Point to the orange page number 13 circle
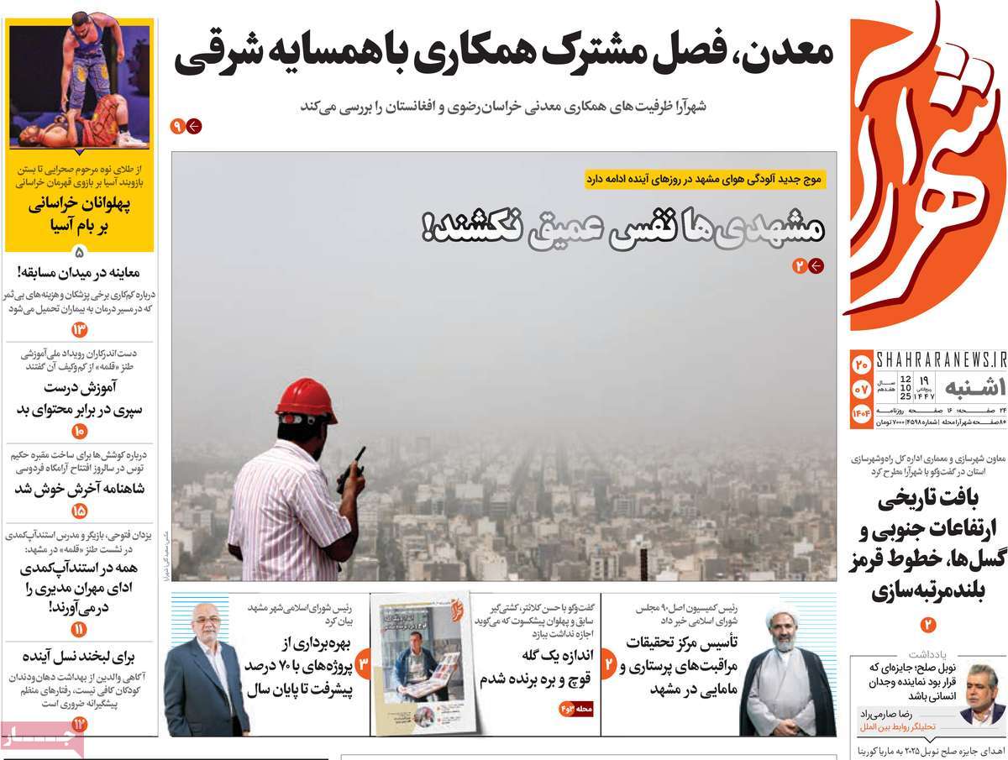tap(80, 329)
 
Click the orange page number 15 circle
tap(80, 510)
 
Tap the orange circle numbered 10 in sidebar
tap(80, 431)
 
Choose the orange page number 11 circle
tap(80, 629)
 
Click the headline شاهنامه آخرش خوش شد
tap(80, 489)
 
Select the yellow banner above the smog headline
tap(706, 179)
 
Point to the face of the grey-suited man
tap(205, 622)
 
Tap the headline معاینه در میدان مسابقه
tap(80, 272)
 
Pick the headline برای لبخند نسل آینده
tap(80, 657)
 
